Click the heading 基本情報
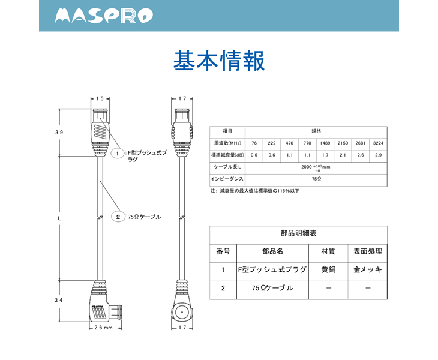(x=218, y=61)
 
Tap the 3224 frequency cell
(x=378, y=143)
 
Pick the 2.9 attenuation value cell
(x=378, y=155)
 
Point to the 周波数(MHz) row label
(x=227, y=143)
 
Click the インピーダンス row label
(x=227, y=179)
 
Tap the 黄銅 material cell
(x=329, y=269)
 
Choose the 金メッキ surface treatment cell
(x=368, y=269)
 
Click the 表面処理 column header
(x=368, y=251)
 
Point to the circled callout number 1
(x=118, y=154)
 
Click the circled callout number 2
(x=118, y=217)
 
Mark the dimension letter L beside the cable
(x=59, y=218)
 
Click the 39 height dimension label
(x=59, y=132)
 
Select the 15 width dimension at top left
(x=100, y=98)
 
